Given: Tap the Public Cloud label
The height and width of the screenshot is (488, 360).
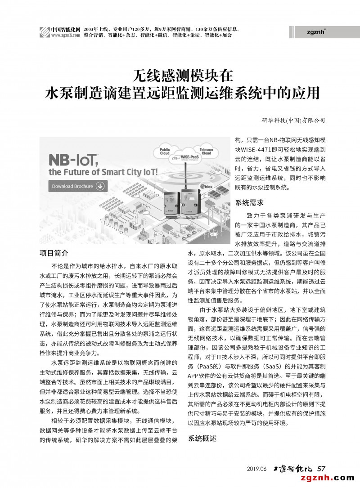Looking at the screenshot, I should point(165,152).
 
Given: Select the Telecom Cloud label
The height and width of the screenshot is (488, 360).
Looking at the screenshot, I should point(206,151).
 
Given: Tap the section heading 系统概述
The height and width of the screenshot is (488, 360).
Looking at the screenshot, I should point(202,438).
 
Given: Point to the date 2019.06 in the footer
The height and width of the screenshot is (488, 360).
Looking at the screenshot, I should point(257,469).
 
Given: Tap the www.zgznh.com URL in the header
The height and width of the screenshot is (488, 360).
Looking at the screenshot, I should point(66,35).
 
